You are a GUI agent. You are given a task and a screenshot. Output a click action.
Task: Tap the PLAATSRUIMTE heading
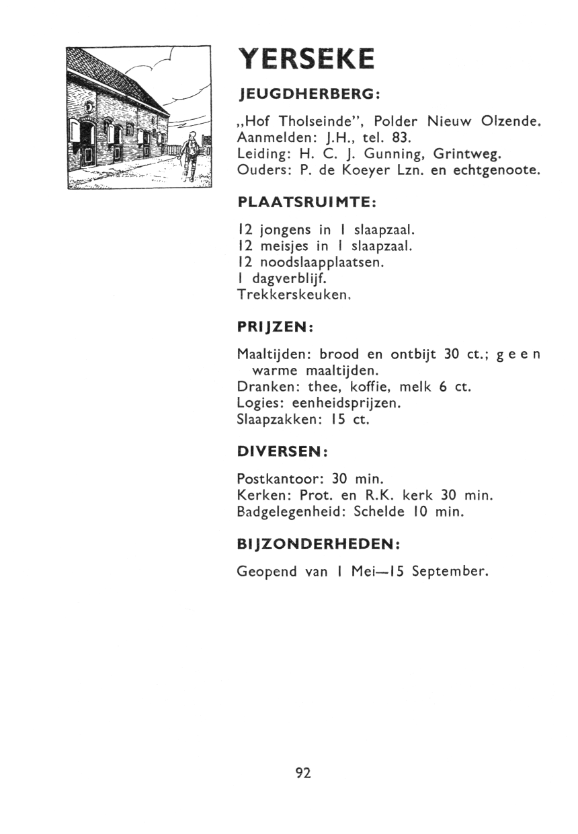306,201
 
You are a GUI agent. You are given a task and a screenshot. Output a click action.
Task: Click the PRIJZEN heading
276,326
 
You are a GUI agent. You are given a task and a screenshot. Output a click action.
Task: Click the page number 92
303,773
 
